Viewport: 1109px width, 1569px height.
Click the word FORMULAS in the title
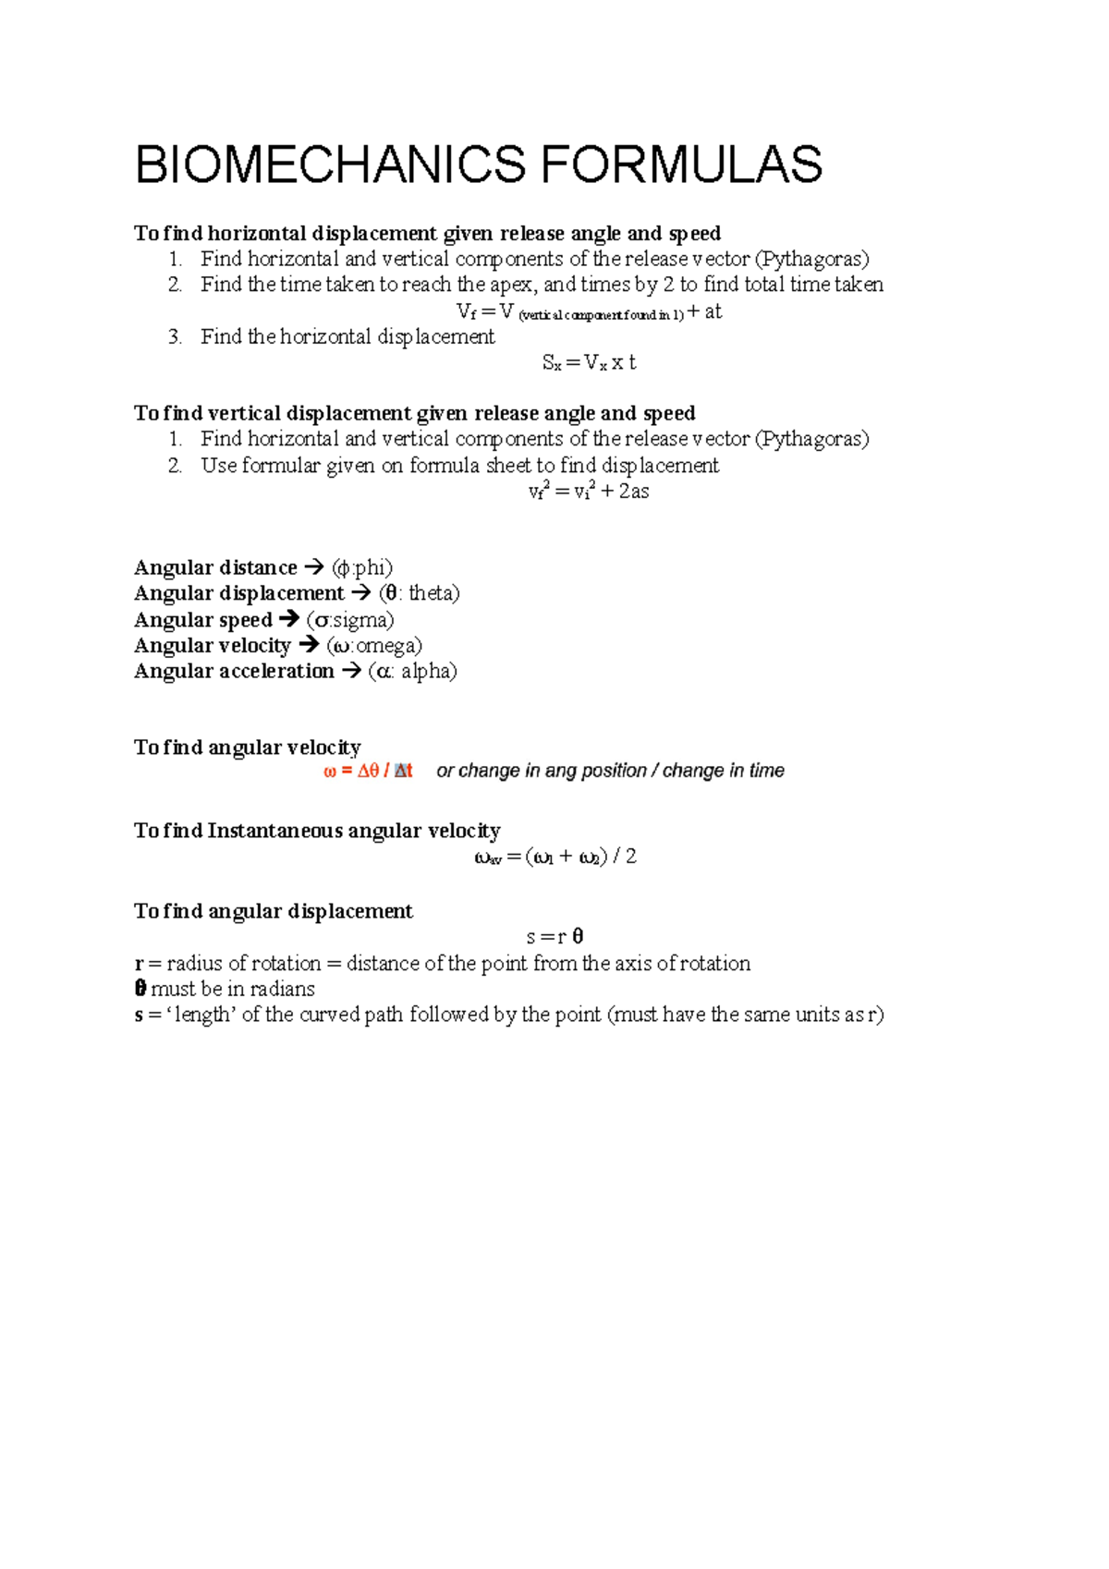coord(681,164)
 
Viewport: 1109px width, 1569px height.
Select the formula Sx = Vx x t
coord(589,362)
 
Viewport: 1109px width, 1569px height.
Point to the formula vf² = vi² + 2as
coord(589,492)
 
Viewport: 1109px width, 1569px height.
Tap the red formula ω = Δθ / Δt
coord(368,771)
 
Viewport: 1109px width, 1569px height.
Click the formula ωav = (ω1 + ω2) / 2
coord(555,857)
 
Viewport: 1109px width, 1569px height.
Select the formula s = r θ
coord(554,937)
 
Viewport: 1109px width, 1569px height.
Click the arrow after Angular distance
coord(314,567)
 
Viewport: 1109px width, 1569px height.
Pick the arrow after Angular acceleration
coord(351,671)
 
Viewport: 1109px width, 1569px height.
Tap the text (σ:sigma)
coord(350,620)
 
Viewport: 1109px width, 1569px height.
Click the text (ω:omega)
coord(374,646)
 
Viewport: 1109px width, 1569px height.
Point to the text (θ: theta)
coord(419,593)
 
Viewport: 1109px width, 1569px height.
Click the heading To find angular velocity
coord(248,747)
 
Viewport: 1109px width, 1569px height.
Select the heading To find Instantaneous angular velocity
coord(317,830)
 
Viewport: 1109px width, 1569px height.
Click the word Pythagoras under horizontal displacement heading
coord(811,259)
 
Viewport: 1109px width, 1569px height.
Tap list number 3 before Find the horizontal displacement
coord(175,336)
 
